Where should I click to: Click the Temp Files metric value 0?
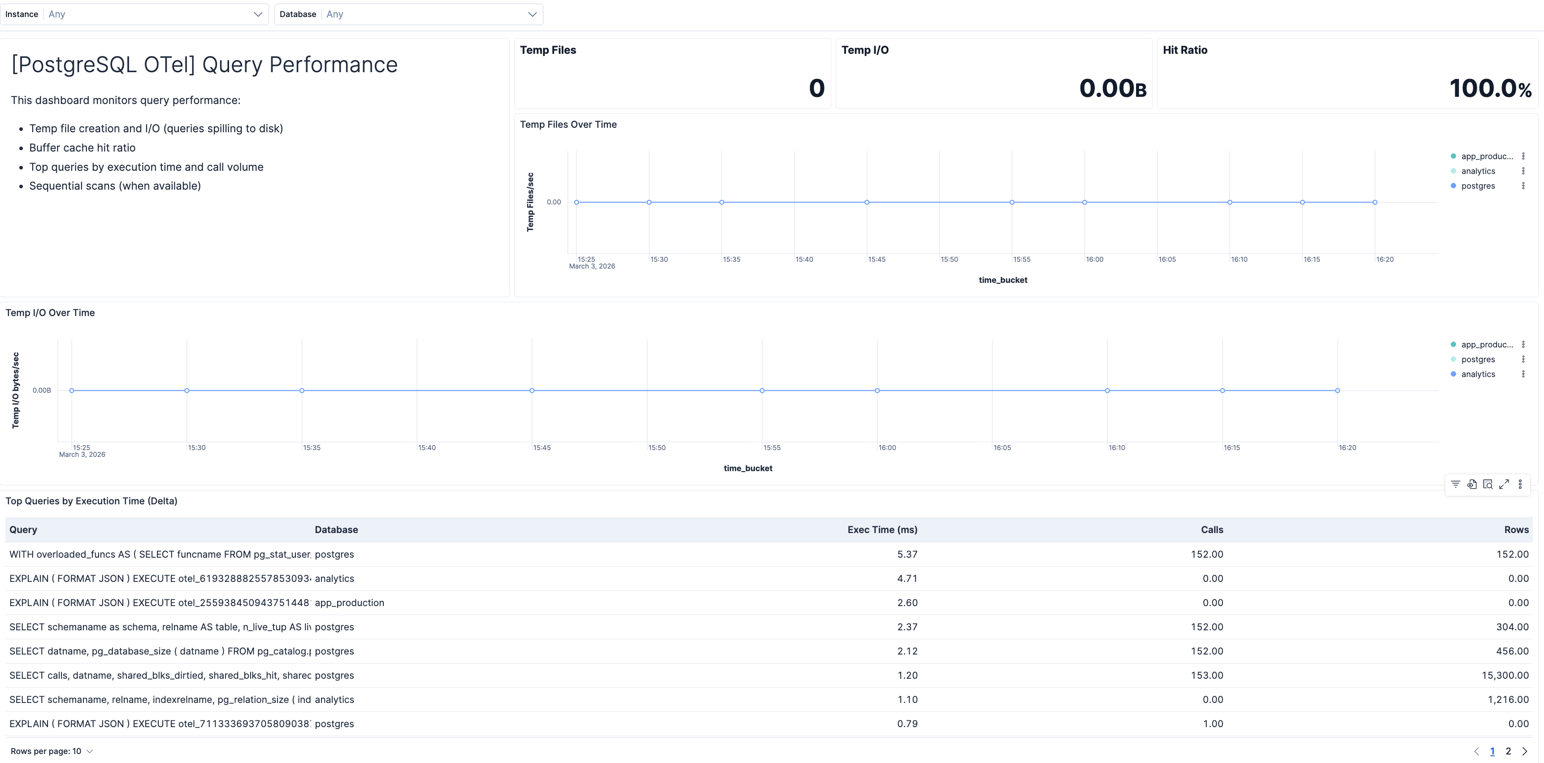(816, 88)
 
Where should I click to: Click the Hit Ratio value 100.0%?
(1490, 88)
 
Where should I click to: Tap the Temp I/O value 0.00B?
(1112, 88)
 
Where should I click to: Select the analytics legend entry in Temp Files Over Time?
(1478, 171)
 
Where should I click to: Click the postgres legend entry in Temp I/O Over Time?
(1478, 360)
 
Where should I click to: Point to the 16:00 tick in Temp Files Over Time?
(1094, 260)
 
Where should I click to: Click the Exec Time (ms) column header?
(882, 530)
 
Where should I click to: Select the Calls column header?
(1211, 530)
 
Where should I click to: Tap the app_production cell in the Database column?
(349, 603)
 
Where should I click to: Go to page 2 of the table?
(1508, 751)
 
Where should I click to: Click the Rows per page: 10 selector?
(52, 751)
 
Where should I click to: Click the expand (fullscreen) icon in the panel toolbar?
(1504, 484)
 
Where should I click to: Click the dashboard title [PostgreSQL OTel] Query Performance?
(204, 65)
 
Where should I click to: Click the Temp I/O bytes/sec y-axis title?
(16, 390)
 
